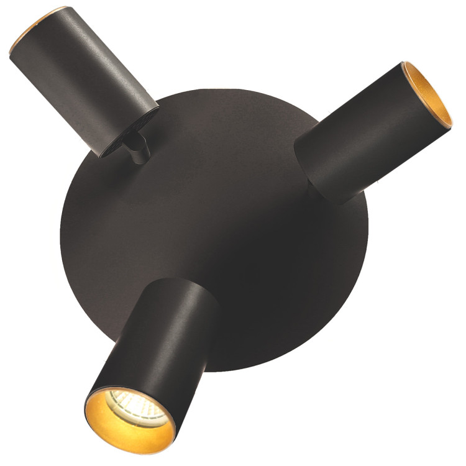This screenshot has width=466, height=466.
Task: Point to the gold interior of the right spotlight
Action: (x=429, y=99)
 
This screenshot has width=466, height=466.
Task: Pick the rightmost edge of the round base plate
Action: (x=373, y=236)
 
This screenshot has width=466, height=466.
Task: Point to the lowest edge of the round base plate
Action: (x=236, y=371)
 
